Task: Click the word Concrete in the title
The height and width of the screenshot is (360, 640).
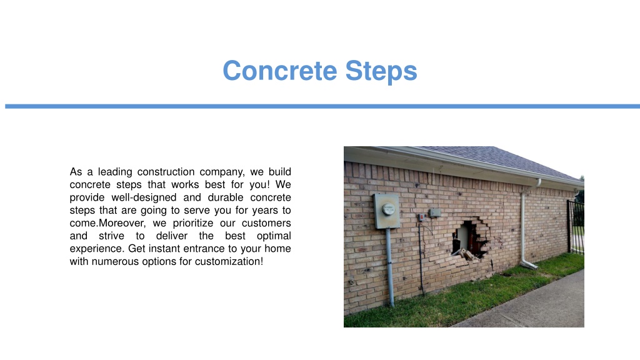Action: point(280,71)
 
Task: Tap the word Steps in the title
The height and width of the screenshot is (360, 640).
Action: point(381,72)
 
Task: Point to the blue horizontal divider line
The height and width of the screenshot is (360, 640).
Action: point(322,106)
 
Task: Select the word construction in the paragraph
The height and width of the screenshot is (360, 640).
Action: point(166,172)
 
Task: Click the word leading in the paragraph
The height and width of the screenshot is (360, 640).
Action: point(115,172)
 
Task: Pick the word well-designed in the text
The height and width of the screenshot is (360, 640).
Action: point(144,198)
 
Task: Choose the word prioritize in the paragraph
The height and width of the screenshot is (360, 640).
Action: point(193,224)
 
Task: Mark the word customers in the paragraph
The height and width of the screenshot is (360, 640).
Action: point(266,223)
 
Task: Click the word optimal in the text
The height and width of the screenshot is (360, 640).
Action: point(274,236)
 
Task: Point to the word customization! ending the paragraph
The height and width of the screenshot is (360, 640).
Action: point(229,262)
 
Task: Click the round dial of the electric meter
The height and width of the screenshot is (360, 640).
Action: point(388,209)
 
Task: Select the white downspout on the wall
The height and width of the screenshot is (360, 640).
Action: point(523,229)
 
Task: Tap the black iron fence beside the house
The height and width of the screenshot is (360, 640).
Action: point(576,227)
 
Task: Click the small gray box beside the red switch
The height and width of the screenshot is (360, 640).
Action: point(435,212)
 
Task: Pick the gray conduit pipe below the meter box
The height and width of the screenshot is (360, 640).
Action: point(390,267)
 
